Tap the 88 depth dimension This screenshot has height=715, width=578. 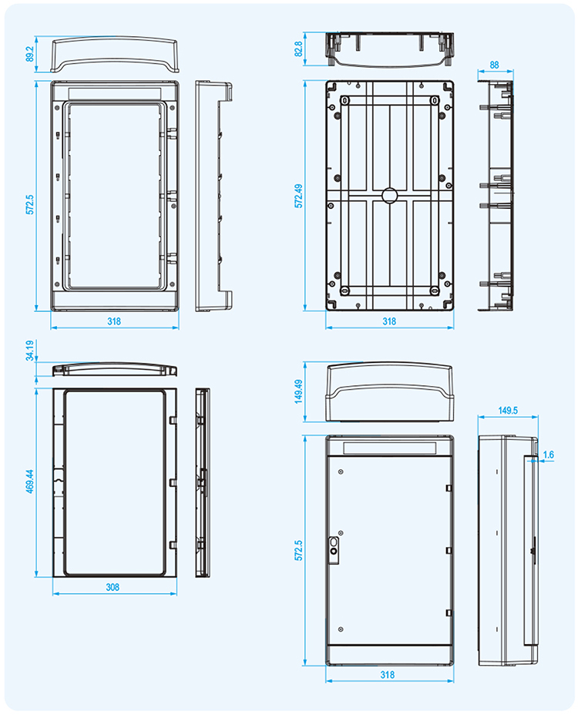coord(494,65)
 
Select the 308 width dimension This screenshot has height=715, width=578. coord(113,587)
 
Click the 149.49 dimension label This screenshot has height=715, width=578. coord(298,391)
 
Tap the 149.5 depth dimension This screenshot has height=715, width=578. coord(508,411)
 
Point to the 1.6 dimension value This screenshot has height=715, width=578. coord(548,455)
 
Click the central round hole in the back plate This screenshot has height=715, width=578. coord(389,195)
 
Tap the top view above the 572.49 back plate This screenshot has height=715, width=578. coord(389,49)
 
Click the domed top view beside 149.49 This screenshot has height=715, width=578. coord(388,392)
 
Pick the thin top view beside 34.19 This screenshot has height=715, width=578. coord(114,369)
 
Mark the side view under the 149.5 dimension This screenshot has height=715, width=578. coord(508,551)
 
